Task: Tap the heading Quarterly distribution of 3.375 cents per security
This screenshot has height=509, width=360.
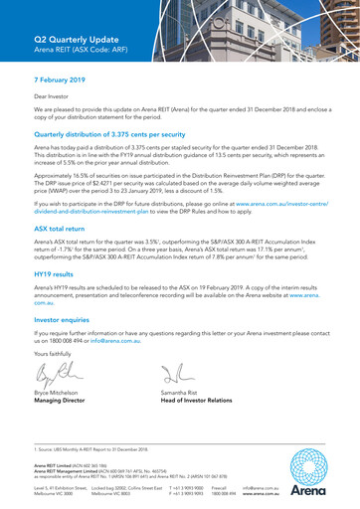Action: pos(119,133)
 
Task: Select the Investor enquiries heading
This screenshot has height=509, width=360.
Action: pos(67,321)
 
